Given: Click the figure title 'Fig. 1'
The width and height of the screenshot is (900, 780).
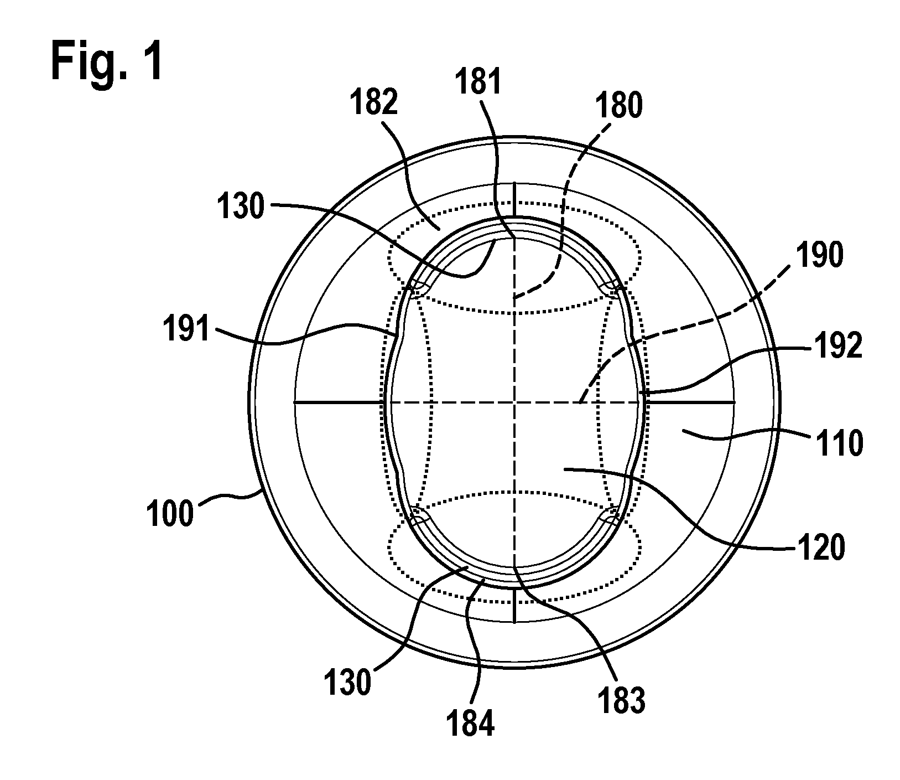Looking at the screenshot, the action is (107, 63).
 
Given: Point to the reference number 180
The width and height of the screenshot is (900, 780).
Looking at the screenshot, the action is (618, 106).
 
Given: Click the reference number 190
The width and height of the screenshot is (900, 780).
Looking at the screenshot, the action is (820, 256).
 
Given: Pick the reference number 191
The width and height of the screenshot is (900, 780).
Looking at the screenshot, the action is (185, 330).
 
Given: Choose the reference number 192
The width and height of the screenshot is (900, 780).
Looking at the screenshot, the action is (838, 348).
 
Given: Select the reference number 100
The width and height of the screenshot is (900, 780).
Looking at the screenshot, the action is (170, 513).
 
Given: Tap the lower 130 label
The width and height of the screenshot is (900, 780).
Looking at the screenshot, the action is (347, 683).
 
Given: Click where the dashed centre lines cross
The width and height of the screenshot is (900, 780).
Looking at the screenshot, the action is (514, 402).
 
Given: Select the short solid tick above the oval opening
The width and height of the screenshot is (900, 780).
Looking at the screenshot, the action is (514, 199).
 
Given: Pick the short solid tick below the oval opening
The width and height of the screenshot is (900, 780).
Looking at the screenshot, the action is (514, 606).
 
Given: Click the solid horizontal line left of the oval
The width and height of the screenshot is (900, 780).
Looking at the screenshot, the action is (339, 402).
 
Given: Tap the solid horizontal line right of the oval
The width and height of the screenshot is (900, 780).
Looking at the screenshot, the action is (691, 402).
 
